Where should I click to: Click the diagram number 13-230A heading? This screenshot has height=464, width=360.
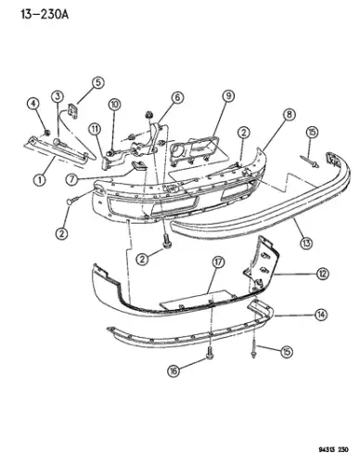[45, 14]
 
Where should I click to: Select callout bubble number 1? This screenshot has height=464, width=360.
[40, 180]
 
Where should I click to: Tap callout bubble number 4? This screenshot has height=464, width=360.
[33, 104]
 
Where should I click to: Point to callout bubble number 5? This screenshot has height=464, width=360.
[97, 83]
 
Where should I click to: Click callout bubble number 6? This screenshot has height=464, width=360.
[177, 97]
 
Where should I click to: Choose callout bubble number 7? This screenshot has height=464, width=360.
[71, 179]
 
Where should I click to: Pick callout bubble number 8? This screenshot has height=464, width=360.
[289, 114]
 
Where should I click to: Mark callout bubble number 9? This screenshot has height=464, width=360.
[228, 96]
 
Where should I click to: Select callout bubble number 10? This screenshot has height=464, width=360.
[114, 105]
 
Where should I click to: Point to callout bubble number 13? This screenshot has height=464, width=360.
[306, 243]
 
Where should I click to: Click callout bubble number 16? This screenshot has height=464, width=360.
[174, 370]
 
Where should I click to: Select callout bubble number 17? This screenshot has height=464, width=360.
[218, 263]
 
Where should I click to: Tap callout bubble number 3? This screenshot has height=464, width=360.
[58, 97]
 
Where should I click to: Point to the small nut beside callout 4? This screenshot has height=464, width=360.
[47, 133]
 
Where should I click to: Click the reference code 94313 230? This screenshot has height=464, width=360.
[333, 449]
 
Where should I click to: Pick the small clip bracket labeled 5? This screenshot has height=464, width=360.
[73, 110]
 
